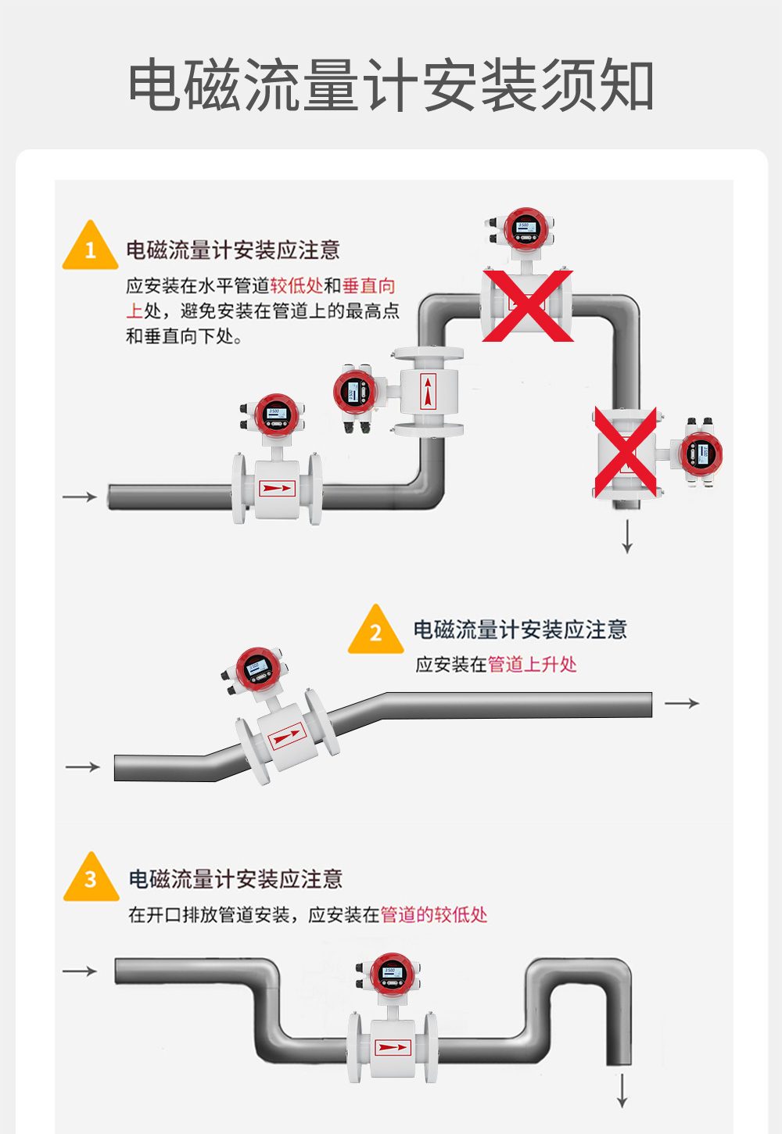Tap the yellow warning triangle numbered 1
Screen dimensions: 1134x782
click(x=90, y=248)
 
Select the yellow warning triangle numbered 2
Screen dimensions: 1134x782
click(x=375, y=631)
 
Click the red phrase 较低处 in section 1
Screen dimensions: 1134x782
click(x=296, y=286)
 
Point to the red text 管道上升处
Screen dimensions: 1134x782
click(x=532, y=665)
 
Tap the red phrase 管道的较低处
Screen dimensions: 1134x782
click(x=433, y=914)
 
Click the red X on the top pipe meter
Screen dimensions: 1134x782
click(x=527, y=306)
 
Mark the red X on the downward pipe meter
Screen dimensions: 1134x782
click(x=626, y=452)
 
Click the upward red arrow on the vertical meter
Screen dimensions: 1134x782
click(x=428, y=392)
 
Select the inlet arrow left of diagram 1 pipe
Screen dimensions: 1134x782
click(x=79, y=497)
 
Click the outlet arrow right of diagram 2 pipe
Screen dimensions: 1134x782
click(x=681, y=703)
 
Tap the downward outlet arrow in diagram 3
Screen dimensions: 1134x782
click(x=622, y=1090)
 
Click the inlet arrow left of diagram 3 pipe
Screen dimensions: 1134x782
click(x=79, y=971)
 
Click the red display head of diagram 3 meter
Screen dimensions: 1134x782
click(x=390, y=974)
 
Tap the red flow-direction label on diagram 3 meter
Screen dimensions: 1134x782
click(x=392, y=1047)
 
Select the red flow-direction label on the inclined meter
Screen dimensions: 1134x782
click(x=287, y=736)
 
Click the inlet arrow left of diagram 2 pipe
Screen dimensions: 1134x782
click(x=82, y=767)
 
